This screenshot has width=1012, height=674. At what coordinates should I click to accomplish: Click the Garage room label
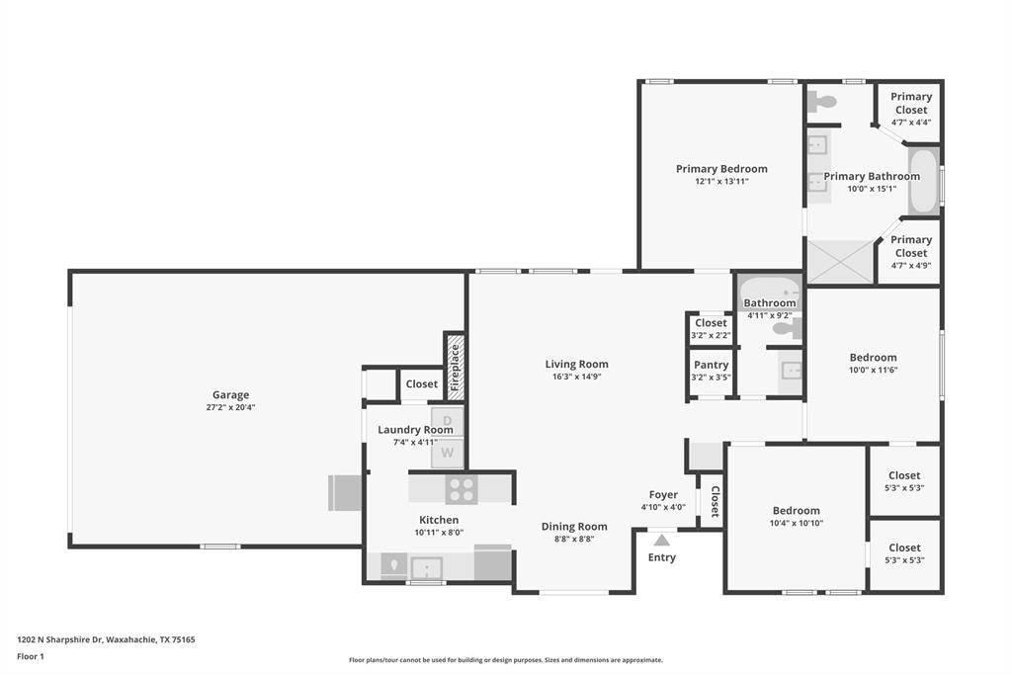pos(230,394)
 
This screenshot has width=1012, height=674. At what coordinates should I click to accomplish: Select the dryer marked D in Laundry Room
pos(447,420)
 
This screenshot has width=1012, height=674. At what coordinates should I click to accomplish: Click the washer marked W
pos(447,453)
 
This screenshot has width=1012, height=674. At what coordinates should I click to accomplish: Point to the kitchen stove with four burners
pos(461,489)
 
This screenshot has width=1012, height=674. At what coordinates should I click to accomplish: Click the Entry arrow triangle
pos(662,540)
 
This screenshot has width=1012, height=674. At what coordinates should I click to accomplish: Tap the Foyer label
pos(663,495)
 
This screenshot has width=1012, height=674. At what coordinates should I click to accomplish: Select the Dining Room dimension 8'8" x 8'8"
pos(573,539)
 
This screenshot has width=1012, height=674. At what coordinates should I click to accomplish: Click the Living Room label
pos(576,364)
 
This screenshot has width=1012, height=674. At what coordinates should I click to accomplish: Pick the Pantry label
pos(711,365)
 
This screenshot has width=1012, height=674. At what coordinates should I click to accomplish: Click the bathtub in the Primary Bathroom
pos(923,181)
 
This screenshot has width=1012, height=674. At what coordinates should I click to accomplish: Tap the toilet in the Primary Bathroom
pos(822,101)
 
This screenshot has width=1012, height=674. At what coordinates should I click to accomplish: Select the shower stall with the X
pos(840,261)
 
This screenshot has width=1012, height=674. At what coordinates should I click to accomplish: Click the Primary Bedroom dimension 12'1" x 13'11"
pos(721,181)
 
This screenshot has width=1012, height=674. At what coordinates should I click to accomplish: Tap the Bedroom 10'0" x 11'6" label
pos(873,358)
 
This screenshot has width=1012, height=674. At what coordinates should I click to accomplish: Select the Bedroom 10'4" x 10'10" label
pos(796,511)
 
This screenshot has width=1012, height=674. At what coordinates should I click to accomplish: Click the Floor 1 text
pos(31,655)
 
